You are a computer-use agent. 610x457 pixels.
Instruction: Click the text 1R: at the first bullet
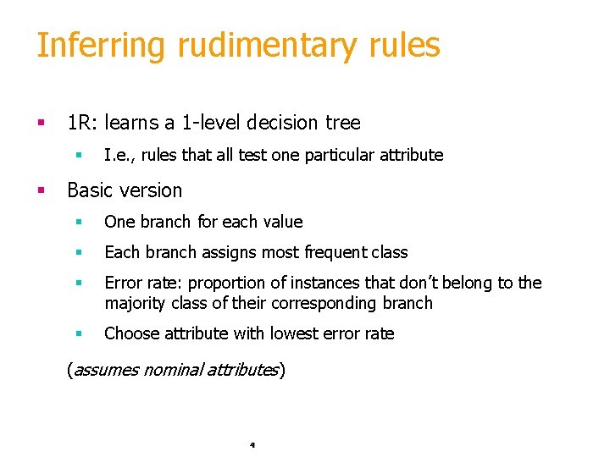coord(83,123)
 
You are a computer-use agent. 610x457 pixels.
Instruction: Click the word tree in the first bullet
coord(343,123)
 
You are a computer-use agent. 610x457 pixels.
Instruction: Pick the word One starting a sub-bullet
coord(119,222)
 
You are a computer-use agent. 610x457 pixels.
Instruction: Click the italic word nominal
coord(173,370)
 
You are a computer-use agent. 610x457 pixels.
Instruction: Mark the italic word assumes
coord(105,370)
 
